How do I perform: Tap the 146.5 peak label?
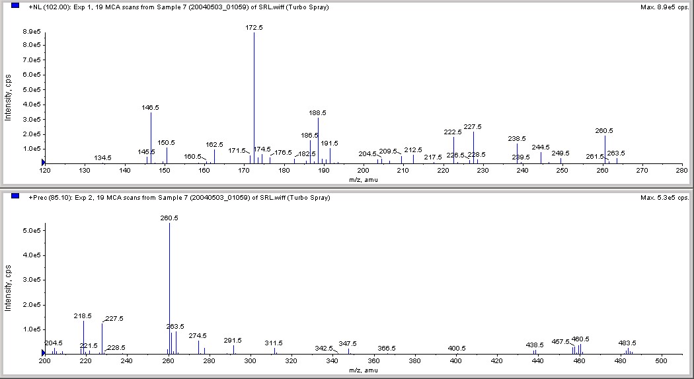[x=150, y=107]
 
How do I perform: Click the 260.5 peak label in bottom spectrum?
[x=169, y=218]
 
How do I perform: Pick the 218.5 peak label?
[x=83, y=316]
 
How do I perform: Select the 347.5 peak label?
[x=348, y=343]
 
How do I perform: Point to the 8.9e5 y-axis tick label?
[x=32, y=32]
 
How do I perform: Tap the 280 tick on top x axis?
[x=681, y=171]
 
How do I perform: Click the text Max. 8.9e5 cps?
[x=664, y=7]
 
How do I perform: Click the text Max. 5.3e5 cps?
[x=664, y=198]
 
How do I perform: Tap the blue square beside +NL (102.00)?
[x=15, y=7]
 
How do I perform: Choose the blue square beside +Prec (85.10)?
[x=15, y=197]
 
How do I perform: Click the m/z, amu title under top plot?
[x=363, y=179]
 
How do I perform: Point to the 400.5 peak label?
[x=457, y=348]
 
